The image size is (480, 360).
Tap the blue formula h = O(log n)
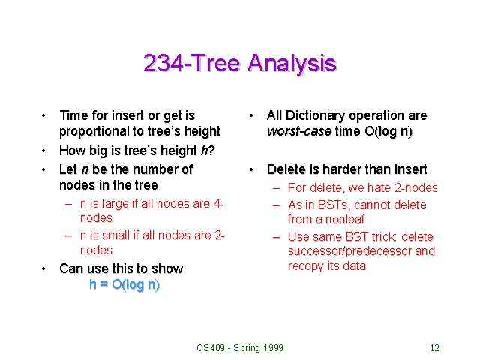pyautogui.click(x=124, y=285)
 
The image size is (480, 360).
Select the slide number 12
pyautogui.click(x=434, y=348)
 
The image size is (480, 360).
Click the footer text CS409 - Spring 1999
pyautogui.click(x=239, y=348)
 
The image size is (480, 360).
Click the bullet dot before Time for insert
pyautogui.click(x=43, y=116)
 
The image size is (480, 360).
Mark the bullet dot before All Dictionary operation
pyautogui.click(x=250, y=116)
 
